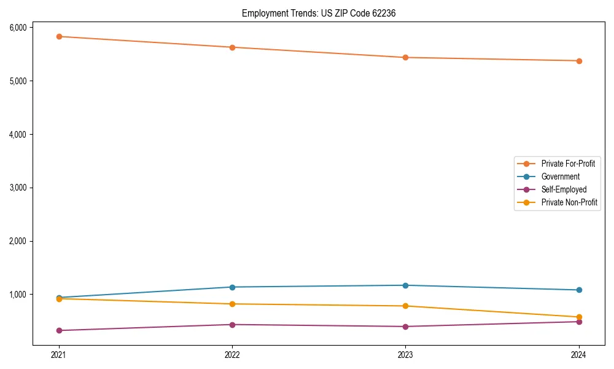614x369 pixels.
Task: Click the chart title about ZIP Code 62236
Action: (314, 13)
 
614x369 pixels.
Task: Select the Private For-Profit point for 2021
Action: (59, 36)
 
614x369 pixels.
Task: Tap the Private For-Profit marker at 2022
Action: (232, 47)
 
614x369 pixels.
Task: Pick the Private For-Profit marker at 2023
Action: (405, 57)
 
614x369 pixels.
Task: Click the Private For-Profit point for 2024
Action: (579, 61)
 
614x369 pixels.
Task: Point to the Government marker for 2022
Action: (232, 287)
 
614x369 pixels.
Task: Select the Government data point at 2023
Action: (405, 285)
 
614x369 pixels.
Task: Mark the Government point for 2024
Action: (579, 290)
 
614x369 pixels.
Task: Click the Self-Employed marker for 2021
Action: (59, 330)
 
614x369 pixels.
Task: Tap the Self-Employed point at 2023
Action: (405, 327)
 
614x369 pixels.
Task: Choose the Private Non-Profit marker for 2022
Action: (232, 304)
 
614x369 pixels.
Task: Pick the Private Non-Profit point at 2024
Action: (579, 317)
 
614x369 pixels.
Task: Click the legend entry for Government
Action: (560, 177)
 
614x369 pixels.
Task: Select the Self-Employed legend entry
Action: (564, 189)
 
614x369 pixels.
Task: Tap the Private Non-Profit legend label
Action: (569, 202)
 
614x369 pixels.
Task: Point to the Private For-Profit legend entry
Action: (567, 164)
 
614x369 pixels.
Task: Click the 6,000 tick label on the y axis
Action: (18, 28)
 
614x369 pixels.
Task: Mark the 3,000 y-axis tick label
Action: (18, 188)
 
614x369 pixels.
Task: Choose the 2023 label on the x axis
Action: (405, 355)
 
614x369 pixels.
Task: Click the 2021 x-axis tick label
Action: (59, 355)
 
